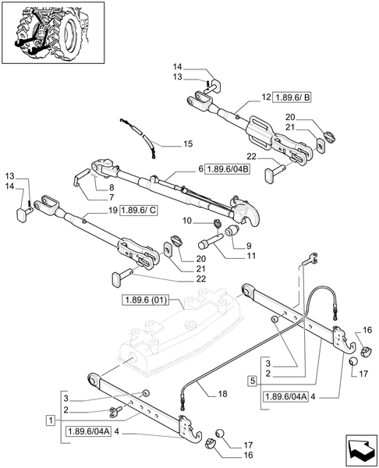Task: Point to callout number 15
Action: (x=187, y=144)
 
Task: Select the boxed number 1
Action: (x=50, y=420)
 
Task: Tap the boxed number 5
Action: (x=252, y=381)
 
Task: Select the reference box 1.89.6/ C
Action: (x=139, y=211)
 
